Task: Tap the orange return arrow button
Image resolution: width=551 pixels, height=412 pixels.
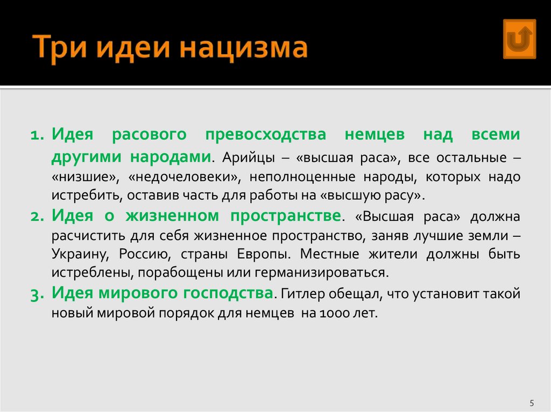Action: [x=519, y=39]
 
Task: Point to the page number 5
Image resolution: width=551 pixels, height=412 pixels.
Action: [x=532, y=403]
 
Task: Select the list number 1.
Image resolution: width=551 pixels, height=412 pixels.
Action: [x=38, y=135]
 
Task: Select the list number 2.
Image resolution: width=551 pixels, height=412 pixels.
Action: [x=38, y=216]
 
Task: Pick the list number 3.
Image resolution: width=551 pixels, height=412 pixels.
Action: [x=38, y=294]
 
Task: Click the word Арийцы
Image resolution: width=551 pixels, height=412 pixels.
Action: [x=245, y=158]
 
